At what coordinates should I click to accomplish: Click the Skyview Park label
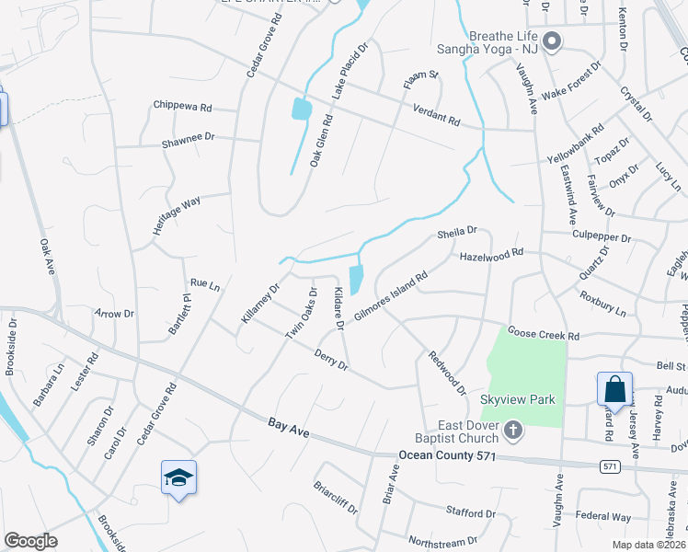(x=518, y=400)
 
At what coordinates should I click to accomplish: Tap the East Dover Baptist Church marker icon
(x=514, y=430)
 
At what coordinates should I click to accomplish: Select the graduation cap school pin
(x=178, y=477)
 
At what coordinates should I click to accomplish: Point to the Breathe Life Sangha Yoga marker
(x=552, y=40)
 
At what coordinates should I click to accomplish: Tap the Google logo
(x=30, y=541)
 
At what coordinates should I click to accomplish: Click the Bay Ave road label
(x=288, y=425)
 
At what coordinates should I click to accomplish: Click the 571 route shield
(x=609, y=467)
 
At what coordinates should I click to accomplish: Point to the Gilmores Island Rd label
(x=391, y=296)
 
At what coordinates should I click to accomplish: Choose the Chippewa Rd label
(x=182, y=107)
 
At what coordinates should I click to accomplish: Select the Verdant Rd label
(x=436, y=114)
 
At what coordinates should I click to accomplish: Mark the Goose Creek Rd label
(x=544, y=333)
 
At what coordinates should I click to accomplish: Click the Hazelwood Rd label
(x=491, y=254)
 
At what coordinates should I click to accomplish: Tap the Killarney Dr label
(x=259, y=303)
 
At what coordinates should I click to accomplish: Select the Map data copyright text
(x=651, y=545)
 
